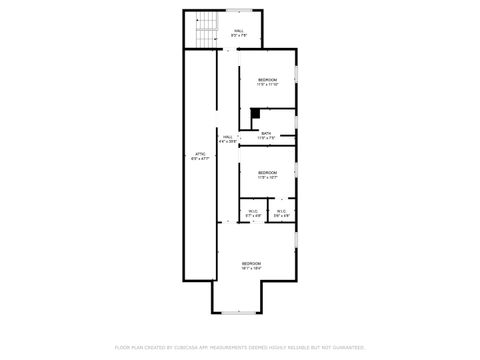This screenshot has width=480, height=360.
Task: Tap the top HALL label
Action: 239,31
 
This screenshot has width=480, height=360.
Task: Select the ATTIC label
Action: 199,152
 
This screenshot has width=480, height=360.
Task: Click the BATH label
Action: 266,133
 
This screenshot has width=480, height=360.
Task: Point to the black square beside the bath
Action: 255,113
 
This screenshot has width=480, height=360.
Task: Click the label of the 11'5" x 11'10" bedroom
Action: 267,79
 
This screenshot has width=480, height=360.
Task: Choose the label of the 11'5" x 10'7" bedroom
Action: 267,172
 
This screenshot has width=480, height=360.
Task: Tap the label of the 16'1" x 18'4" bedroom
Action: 251,263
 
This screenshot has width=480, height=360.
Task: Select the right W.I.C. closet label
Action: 282,210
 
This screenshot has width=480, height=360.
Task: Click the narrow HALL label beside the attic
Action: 228,136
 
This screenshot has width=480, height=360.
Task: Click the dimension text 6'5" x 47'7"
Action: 199,158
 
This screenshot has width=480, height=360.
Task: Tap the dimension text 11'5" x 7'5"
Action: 266,138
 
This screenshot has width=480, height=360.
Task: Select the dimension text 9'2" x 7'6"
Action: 239,36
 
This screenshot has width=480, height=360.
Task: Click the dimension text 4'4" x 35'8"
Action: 228,141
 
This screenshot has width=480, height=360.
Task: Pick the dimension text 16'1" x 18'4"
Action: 251,268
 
